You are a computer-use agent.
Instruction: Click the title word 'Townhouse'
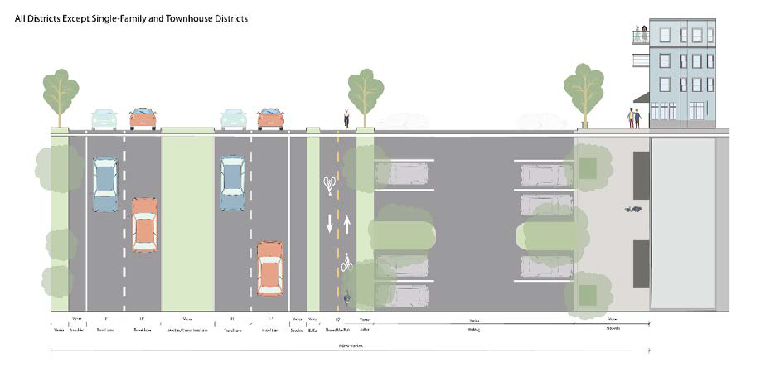[x=196, y=17]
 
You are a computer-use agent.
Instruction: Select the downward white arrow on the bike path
[x=330, y=224]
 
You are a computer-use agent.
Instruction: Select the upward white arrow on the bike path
[x=346, y=224]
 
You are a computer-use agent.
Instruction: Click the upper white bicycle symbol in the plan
[x=330, y=183]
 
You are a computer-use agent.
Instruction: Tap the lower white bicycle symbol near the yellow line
[x=346, y=264]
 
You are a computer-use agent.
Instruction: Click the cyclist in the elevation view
[x=346, y=119]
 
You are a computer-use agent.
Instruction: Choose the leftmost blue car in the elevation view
[x=104, y=119]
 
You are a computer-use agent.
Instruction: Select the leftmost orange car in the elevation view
[x=143, y=119]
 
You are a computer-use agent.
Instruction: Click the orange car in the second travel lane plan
[x=144, y=224]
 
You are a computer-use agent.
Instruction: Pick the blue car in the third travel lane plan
[x=232, y=182]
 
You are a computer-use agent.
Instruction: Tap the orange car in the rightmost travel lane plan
[x=270, y=268]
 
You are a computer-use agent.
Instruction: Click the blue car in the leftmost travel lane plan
[x=105, y=184]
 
